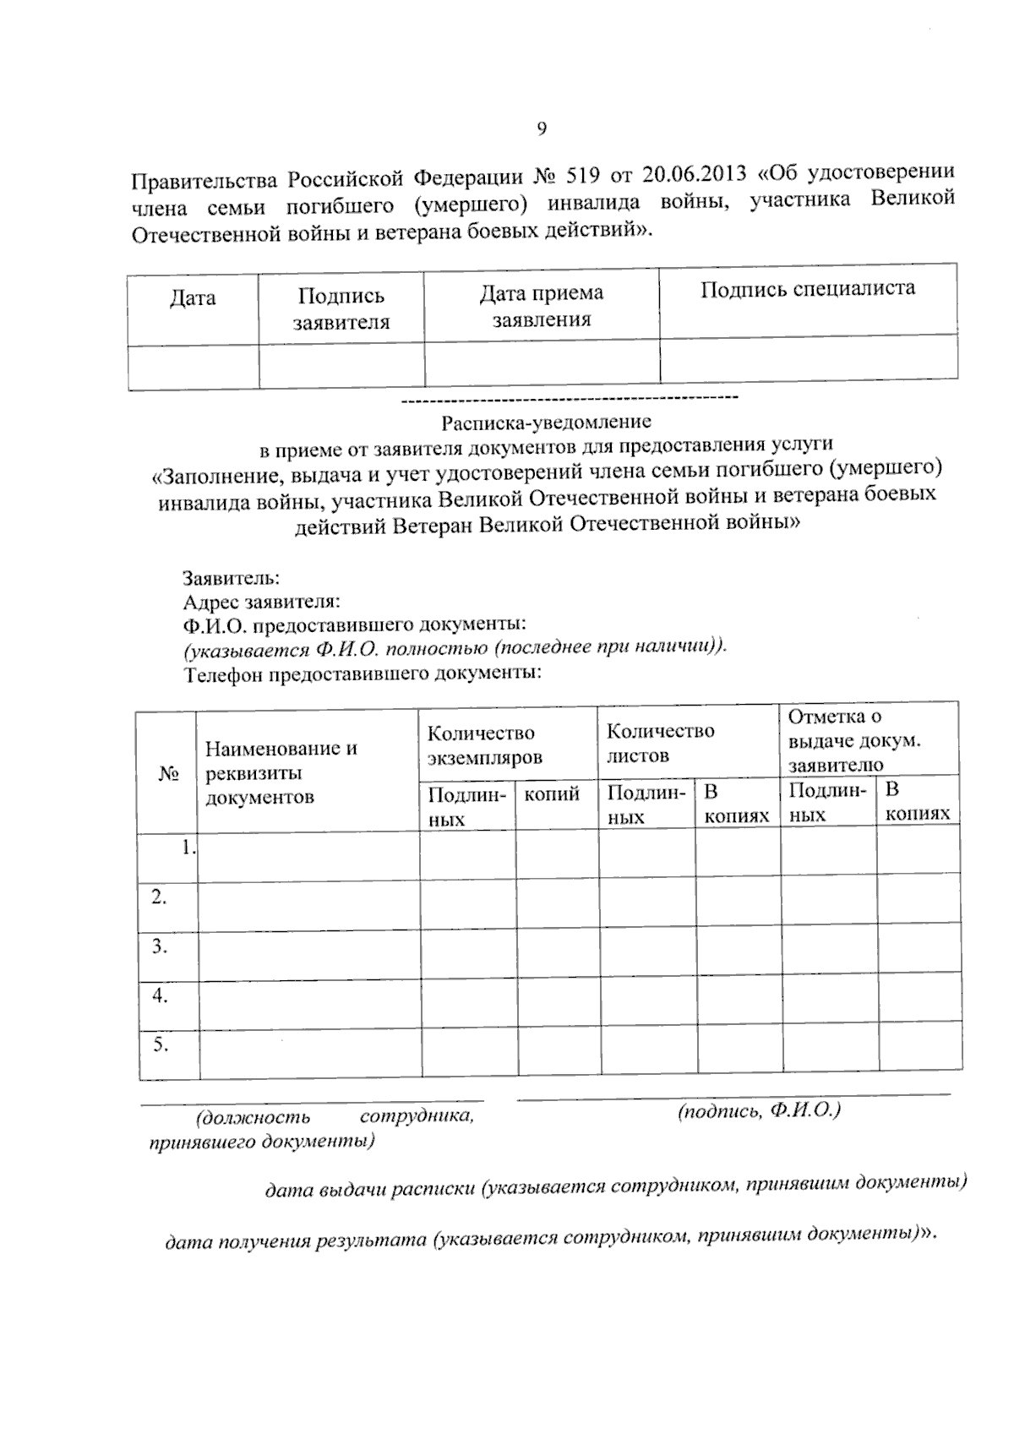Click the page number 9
point(542,129)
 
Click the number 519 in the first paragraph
point(583,177)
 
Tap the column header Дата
point(193,298)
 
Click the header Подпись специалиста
point(807,289)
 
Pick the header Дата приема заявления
point(542,306)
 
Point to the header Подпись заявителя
point(341,308)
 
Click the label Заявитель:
point(232,579)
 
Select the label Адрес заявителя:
point(262,602)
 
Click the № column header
point(167,773)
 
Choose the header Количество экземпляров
point(484,744)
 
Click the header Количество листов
point(661,743)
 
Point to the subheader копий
point(552,794)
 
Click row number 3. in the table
point(160,946)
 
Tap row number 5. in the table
point(161,1045)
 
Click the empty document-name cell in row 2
point(309,908)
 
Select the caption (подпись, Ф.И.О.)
point(759,1110)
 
